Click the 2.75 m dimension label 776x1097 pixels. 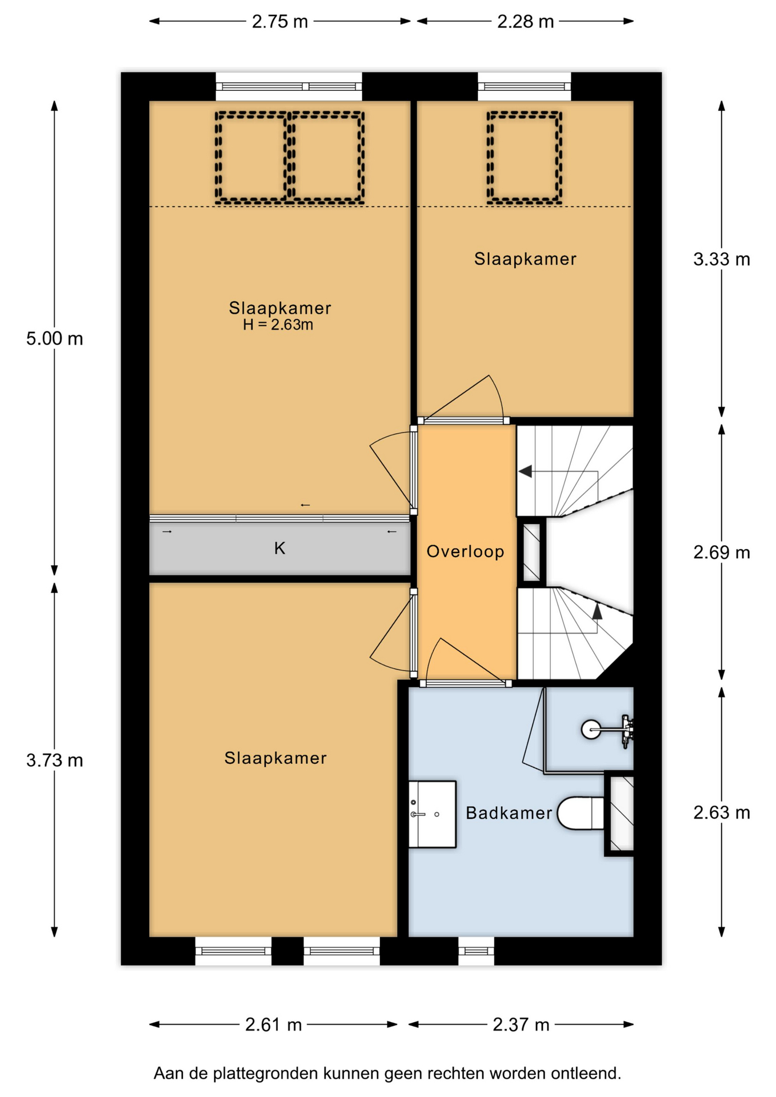tap(280, 22)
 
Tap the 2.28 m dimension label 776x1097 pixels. tap(525, 22)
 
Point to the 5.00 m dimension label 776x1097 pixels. tap(55, 339)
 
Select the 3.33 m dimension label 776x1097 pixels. tap(722, 259)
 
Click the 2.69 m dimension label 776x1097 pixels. tap(722, 552)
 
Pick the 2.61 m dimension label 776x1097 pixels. tap(273, 1025)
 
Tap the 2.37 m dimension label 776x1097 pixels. tap(521, 1025)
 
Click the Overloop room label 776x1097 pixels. tap(466, 551)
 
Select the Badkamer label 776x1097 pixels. tap(509, 813)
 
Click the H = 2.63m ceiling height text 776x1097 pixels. tap(278, 325)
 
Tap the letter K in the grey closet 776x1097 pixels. tap(279, 548)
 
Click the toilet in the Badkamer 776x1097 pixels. tap(581, 813)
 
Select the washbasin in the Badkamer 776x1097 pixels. tap(432, 814)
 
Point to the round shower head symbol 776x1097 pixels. tap(591, 730)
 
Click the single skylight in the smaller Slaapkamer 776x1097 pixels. tap(525, 158)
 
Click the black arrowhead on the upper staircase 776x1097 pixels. tap(526, 471)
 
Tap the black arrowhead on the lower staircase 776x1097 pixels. tap(597, 612)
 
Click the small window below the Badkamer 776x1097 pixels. tap(476, 951)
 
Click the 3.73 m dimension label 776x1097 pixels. tap(55, 760)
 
